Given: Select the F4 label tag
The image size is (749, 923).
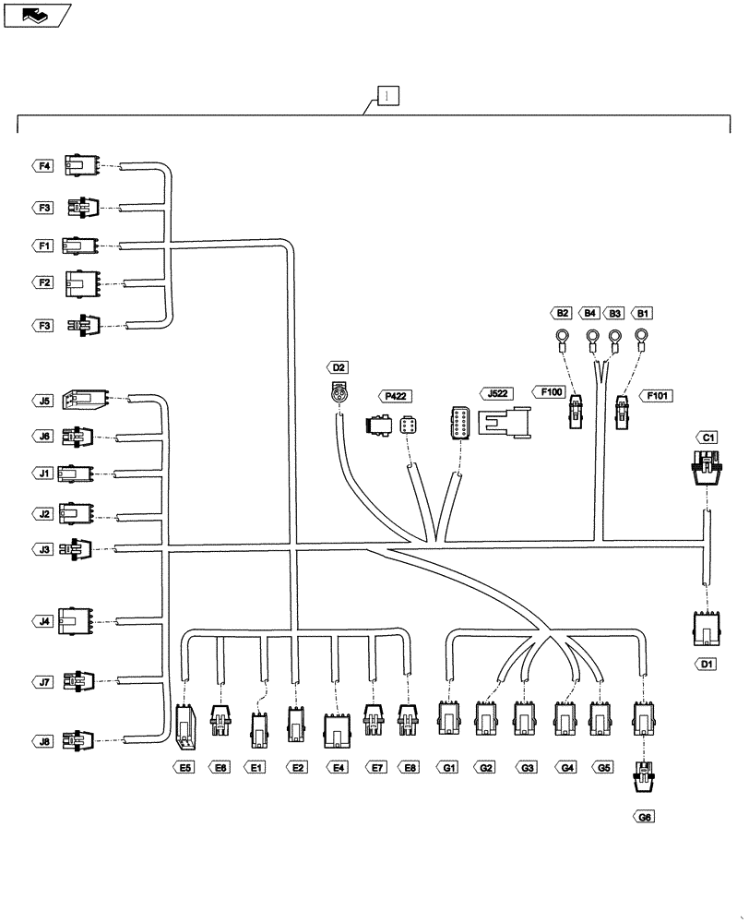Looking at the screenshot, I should (x=42, y=166).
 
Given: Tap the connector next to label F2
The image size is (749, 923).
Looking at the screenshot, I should (x=80, y=284).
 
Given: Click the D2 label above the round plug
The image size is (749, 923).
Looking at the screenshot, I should (x=339, y=367).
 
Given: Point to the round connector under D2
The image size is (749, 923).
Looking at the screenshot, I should (x=339, y=391).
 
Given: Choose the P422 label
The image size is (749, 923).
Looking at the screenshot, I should (x=395, y=396).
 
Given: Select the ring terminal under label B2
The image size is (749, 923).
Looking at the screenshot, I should (x=562, y=339).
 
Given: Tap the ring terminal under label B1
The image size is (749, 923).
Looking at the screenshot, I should (x=643, y=339).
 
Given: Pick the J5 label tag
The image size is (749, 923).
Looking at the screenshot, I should (x=43, y=401).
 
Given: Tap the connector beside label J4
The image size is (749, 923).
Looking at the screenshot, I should (x=74, y=621).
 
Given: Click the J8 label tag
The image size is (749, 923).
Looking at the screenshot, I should (x=43, y=739).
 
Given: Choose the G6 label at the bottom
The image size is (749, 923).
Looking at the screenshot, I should (x=644, y=817).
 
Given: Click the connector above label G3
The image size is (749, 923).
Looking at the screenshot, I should (x=525, y=717).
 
